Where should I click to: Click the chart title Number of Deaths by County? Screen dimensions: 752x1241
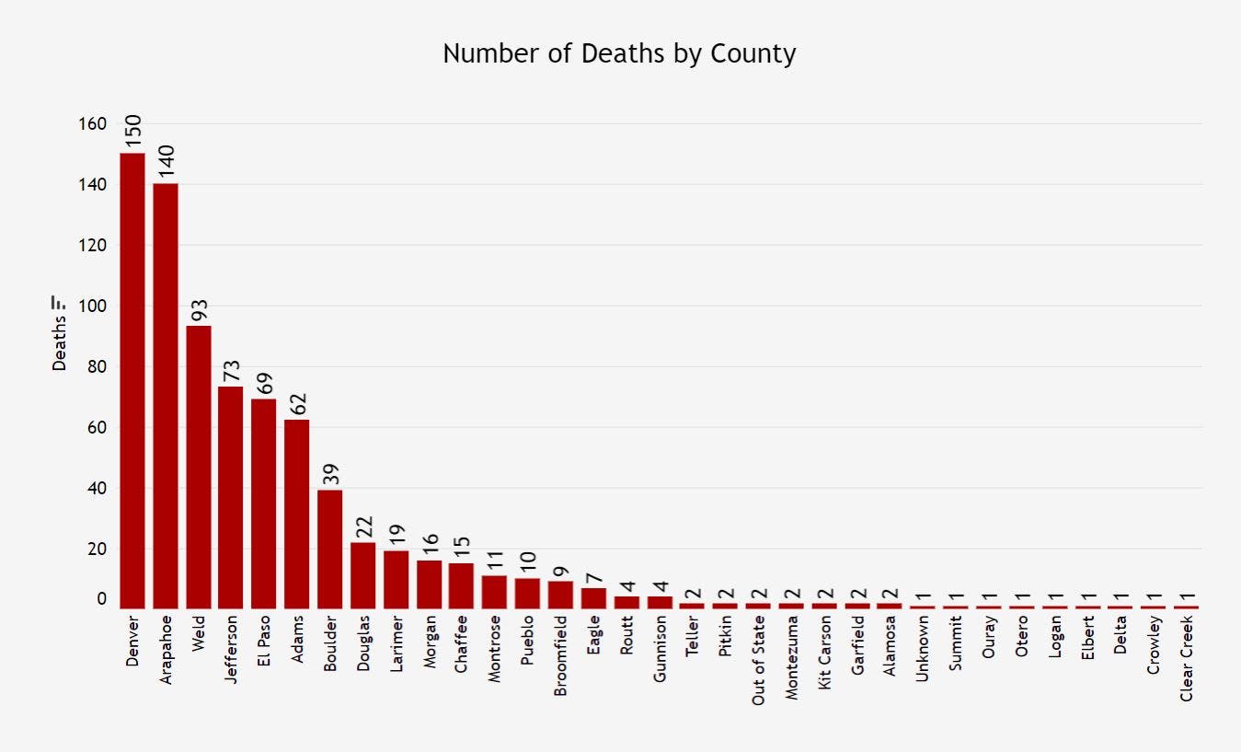[x=619, y=53]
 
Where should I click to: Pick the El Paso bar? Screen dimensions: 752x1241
[x=264, y=503]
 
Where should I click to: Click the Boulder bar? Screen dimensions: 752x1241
[x=330, y=549]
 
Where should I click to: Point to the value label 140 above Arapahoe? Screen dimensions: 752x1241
[x=167, y=163]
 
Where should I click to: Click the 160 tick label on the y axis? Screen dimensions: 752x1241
[x=94, y=123]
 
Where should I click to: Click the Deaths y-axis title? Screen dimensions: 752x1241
[x=60, y=344]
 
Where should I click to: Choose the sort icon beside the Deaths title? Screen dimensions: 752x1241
[x=59, y=302]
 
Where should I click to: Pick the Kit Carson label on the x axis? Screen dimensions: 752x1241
[x=824, y=657]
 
